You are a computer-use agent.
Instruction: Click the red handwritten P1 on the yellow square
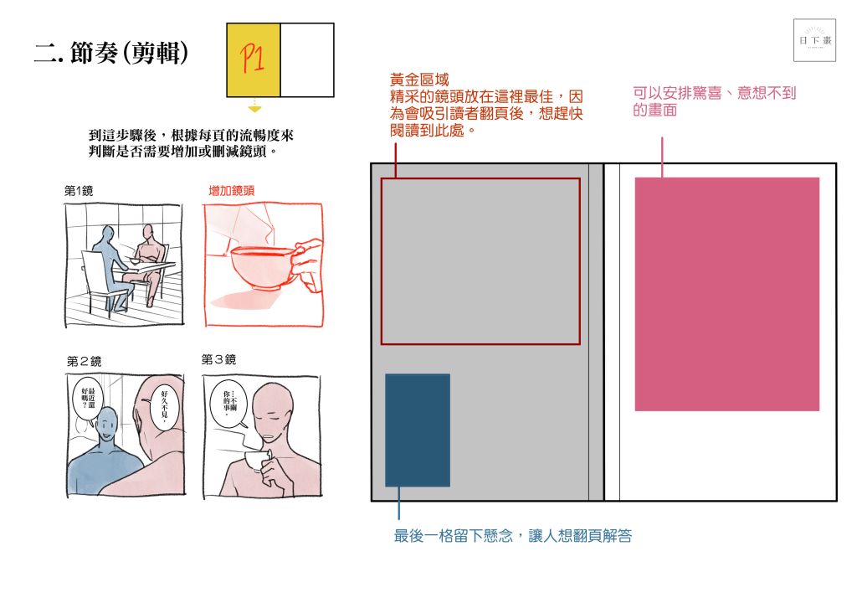252,59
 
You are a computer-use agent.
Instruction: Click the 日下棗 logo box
814,40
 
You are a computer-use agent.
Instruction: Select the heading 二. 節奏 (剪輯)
111,53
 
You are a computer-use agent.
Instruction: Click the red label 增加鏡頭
232,190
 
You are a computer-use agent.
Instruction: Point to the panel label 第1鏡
79,190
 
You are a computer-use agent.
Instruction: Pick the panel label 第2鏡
85,361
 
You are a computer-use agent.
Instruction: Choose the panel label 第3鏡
218,359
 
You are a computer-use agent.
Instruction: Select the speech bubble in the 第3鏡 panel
228,404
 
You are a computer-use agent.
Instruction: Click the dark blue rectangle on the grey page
418,430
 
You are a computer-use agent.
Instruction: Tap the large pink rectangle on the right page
727,294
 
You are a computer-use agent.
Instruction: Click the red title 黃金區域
419,80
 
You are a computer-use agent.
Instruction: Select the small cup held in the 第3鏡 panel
257,461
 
